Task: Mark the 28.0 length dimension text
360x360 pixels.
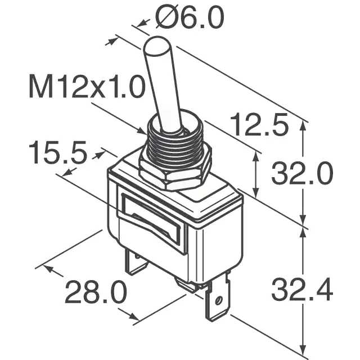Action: point(94,292)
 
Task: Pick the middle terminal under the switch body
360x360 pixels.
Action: point(186,285)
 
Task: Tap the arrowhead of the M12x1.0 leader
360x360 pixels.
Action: point(143,133)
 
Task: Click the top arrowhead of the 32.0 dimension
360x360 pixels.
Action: point(304,125)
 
